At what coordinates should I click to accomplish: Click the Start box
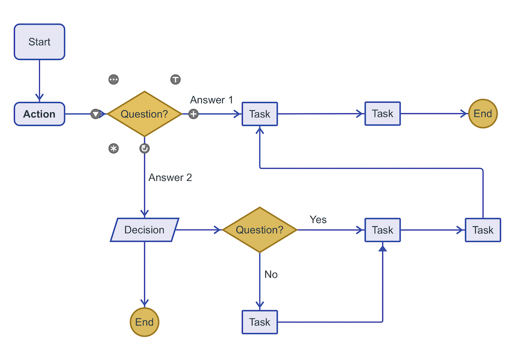pyautogui.click(x=39, y=42)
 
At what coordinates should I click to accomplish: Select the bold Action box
pyautogui.click(x=39, y=114)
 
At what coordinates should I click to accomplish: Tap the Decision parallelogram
pyautogui.click(x=144, y=230)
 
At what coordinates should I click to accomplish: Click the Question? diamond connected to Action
pyautogui.click(x=144, y=114)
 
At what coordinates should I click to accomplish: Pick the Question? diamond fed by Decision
pyautogui.click(x=259, y=230)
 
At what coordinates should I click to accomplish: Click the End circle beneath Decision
pyautogui.click(x=144, y=322)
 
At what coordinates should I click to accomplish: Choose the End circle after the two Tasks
pyautogui.click(x=483, y=113)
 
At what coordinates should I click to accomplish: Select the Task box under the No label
pyautogui.click(x=259, y=322)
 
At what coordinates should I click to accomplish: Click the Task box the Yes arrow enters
pyautogui.click(x=383, y=230)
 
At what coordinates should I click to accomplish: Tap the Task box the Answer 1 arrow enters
pyautogui.click(x=259, y=114)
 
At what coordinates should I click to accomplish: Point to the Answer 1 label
pyautogui.click(x=211, y=100)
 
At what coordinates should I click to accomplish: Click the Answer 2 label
pyautogui.click(x=170, y=177)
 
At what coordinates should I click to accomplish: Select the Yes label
pyautogui.click(x=318, y=219)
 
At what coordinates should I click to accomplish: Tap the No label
pyautogui.click(x=271, y=274)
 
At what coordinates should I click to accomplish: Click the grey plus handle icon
pyautogui.click(x=193, y=114)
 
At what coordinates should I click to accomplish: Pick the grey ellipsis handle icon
pyautogui.click(x=114, y=80)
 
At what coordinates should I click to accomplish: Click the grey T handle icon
pyautogui.click(x=175, y=80)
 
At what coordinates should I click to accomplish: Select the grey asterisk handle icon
pyautogui.click(x=114, y=148)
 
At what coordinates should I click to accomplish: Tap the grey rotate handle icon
pyautogui.click(x=144, y=148)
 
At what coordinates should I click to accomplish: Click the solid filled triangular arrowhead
pyautogui.click(x=383, y=248)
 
